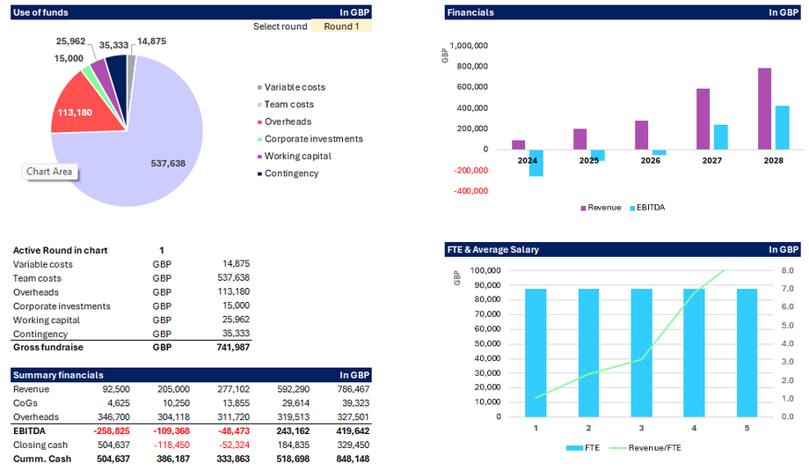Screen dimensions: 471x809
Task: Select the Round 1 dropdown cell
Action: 341,26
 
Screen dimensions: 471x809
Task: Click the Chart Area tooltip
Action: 49,172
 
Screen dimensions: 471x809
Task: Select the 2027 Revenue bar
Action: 703,119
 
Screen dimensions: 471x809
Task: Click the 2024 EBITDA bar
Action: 536,163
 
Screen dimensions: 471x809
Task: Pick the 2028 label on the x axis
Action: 773,162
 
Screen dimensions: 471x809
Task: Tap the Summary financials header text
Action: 58,375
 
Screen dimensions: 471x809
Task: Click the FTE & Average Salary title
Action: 492,250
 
